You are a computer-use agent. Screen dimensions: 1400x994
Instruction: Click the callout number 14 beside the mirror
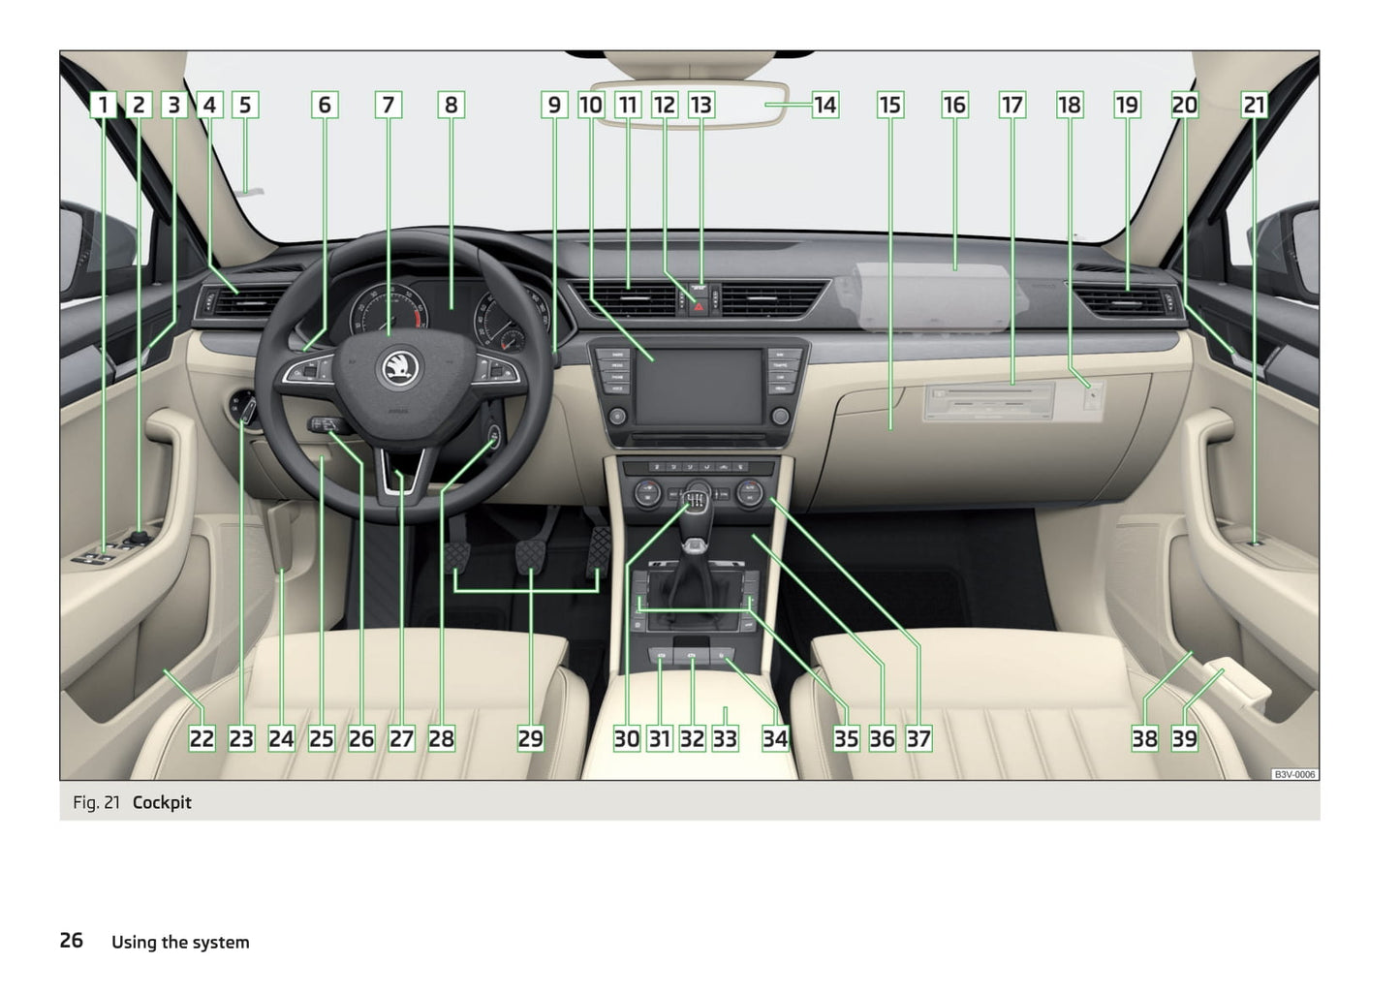point(825,105)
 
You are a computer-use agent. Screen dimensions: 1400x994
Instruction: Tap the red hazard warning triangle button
point(699,307)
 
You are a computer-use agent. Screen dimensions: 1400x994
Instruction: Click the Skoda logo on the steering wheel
point(398,368)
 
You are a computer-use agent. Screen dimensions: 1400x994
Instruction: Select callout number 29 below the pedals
point(530,738)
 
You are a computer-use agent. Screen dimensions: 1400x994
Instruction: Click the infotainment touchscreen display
point(699,388)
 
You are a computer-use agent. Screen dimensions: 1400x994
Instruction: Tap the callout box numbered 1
point(103,105)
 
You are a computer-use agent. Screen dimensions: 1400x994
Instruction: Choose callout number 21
point(1254,105)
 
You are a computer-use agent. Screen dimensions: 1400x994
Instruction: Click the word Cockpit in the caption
point(162,802)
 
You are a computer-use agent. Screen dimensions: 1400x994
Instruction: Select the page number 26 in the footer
point(72,941)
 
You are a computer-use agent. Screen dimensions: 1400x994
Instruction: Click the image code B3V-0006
point(1294,775)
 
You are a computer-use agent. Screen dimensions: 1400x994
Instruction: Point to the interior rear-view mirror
point(690,104)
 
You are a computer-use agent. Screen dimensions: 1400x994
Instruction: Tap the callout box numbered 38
point(1144,738)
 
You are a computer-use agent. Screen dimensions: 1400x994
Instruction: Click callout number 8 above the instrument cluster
point(451,105)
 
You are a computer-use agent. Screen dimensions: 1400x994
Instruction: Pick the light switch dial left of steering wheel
point(242,410)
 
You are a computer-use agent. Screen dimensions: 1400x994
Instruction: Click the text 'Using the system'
point(180,942)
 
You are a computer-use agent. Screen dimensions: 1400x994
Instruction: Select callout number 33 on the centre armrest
point(725,738)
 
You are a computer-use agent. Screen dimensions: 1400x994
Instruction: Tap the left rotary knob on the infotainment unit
point(617,417)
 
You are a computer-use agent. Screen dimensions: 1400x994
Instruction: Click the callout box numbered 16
point(954,105)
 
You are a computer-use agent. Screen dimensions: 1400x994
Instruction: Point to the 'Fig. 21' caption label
point(96,802)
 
